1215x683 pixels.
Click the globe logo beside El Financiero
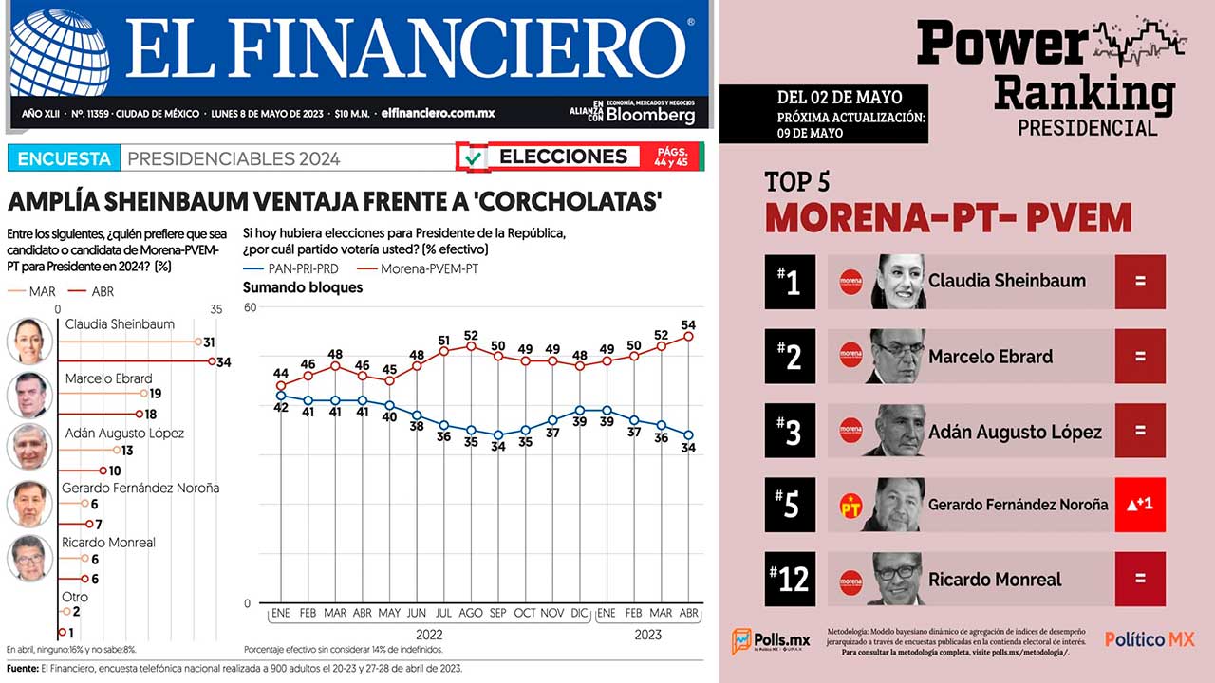(x=59, y=52)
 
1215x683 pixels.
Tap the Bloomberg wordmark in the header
(x=650, y=115)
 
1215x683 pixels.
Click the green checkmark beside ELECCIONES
(x=473, y=157)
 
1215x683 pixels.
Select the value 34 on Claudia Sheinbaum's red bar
(x=224, y=361)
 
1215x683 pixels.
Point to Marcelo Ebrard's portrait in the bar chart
(x=29, y=395)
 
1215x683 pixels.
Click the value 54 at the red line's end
(x=689, y=325)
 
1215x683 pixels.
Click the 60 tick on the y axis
(x=251, y=307)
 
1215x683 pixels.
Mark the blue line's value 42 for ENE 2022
(x=281, y=408)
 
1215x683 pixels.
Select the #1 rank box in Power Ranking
(x=789, y=282)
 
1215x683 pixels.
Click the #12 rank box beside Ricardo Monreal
(x=789, y=579)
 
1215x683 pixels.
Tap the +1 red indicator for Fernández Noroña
(x=1139, y=505)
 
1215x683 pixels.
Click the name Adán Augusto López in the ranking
(x=1015, y=432)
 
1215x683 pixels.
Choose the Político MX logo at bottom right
(x=1149, y=639)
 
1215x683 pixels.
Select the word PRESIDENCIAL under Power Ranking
(x=1087, y=127)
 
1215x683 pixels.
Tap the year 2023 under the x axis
(x=649, y=635)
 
